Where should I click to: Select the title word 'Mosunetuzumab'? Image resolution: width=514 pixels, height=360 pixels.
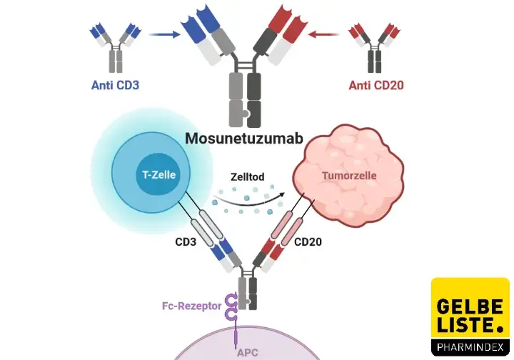tap(246, 137)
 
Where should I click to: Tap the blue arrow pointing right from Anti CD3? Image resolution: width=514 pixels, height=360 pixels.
tap(163, 33)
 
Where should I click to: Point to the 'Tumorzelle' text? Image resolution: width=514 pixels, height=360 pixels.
tap(348, 174)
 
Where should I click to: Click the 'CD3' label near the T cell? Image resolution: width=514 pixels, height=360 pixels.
tap(186, 242)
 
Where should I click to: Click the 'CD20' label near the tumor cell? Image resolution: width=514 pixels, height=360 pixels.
tap(308, 242)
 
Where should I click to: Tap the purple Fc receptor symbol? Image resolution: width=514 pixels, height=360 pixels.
tap(231, 309)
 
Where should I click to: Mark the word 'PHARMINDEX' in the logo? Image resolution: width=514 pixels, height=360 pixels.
tap(470, 348)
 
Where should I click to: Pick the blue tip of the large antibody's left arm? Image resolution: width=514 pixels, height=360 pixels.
tap(193, 21)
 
